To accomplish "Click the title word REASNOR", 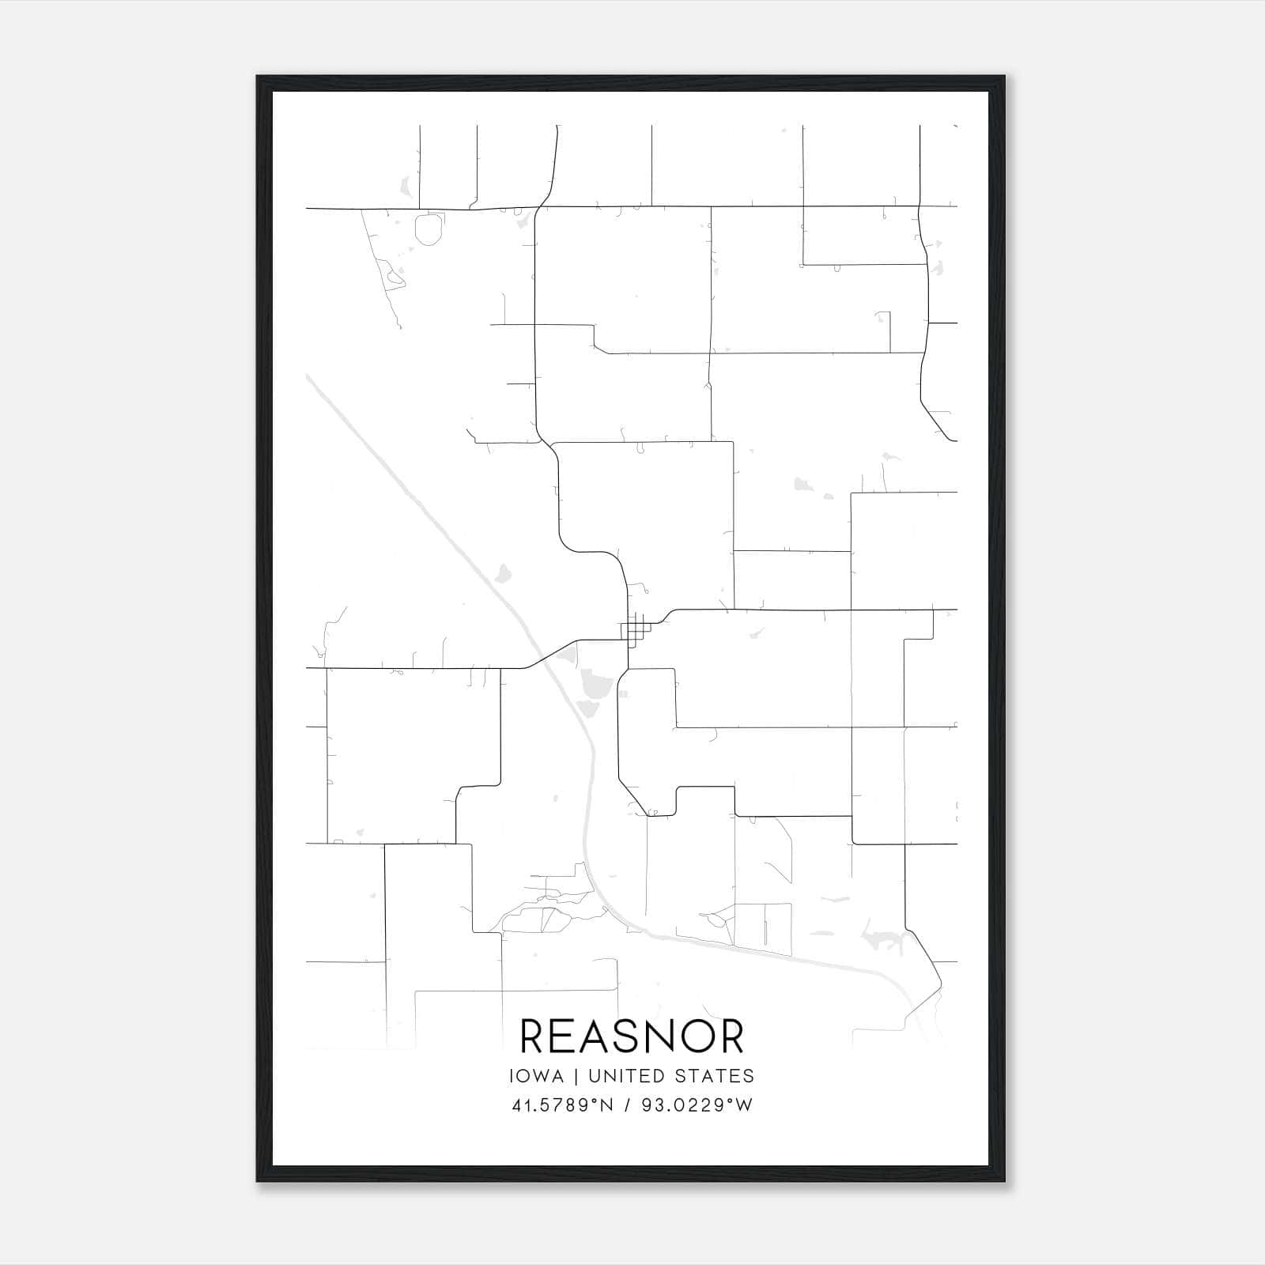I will coord(632,1037).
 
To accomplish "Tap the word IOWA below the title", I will coord(537,1076).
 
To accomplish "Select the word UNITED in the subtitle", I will coord(628,1076).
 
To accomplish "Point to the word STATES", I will coord(715,1076).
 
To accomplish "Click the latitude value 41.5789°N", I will coord(562,1105).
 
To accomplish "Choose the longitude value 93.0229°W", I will coord(697,1105).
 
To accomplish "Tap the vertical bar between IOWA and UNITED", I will coord(576,1076).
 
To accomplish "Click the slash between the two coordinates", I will coord(628,1105).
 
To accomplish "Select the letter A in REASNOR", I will coord(581,1037).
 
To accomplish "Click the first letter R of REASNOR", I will coord(533,1037).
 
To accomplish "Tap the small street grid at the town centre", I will coord(634,631).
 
